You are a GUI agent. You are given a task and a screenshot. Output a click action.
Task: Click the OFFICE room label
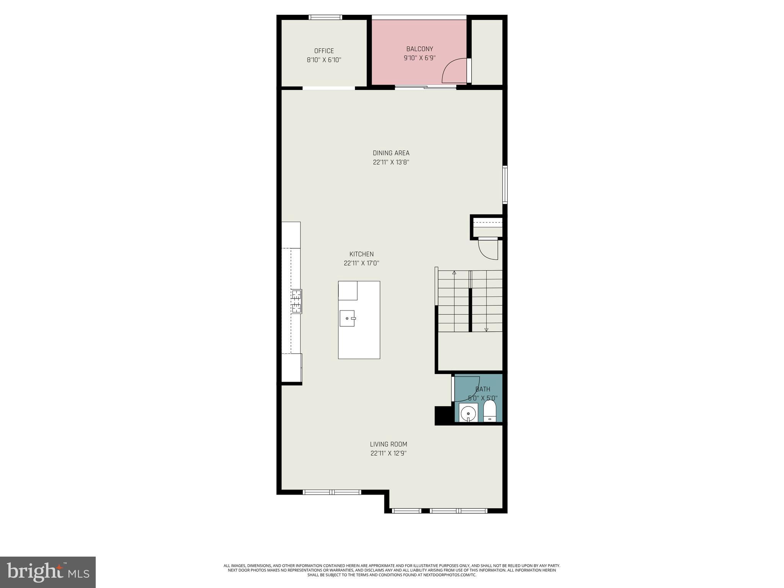coord(324,51)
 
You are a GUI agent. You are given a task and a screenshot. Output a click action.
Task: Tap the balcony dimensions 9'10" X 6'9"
coord(420,58)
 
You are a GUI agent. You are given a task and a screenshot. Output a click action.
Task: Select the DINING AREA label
coord(391,153)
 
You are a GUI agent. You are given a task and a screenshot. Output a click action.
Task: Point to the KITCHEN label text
coord(361,254)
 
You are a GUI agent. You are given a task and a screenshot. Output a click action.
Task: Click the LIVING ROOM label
coord(388,444)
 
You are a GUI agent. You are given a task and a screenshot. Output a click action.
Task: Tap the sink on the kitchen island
coord(348,318)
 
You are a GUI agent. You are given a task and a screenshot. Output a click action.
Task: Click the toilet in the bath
coord(490,411)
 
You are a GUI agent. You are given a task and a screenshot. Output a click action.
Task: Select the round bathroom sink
coord(468,414)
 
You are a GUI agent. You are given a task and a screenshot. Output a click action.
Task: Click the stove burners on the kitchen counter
coord(297,301)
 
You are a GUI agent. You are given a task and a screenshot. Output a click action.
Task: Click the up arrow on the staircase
coord(454,273)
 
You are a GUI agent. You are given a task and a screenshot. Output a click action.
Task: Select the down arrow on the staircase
coord(486,329)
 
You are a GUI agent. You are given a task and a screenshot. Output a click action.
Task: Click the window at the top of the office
coord(325,17)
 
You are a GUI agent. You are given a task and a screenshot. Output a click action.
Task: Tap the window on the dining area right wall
coord(505,185)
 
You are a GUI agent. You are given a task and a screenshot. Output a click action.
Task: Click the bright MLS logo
coord(48,572)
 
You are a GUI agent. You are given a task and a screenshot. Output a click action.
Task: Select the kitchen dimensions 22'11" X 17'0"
coord(361,263)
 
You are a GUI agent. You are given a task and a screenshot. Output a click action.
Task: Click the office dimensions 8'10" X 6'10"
coord(324,60)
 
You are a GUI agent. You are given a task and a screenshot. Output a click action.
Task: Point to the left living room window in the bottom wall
coord(332,492)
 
